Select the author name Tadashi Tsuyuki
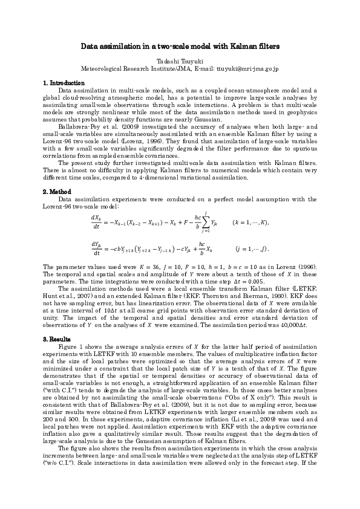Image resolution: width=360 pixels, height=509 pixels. pyautogui.click(x=179, y=62)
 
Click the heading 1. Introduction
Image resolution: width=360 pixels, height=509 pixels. pyautogui.click(x=64, y=82)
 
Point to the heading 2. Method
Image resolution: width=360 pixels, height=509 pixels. pyautogui.click(x=59, y=192)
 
